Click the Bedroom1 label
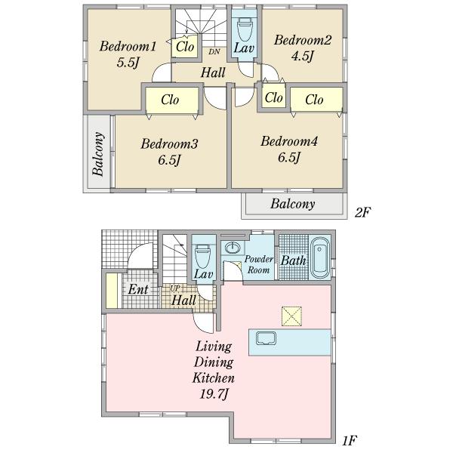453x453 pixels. (128, 46)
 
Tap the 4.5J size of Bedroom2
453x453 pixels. (302, 56)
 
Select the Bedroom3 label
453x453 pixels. (169, 144)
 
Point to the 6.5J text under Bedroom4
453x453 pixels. (289, 158)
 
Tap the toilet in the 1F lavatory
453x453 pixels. (202, 256)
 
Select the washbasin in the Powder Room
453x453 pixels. (233, 248)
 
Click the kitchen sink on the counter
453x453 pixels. (266, 338)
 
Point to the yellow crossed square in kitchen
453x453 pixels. (291, 316)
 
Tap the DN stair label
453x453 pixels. (214, 51)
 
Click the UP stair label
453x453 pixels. (174, 288)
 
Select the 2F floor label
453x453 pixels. (362, 213)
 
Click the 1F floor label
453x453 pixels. (350, 441)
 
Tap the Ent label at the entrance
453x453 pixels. (138, 289)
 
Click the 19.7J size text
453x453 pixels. (214, 393)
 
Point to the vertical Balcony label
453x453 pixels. (98, 154)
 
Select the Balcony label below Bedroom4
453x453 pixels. (293, 204)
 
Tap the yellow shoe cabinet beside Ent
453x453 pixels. (112, 291)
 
